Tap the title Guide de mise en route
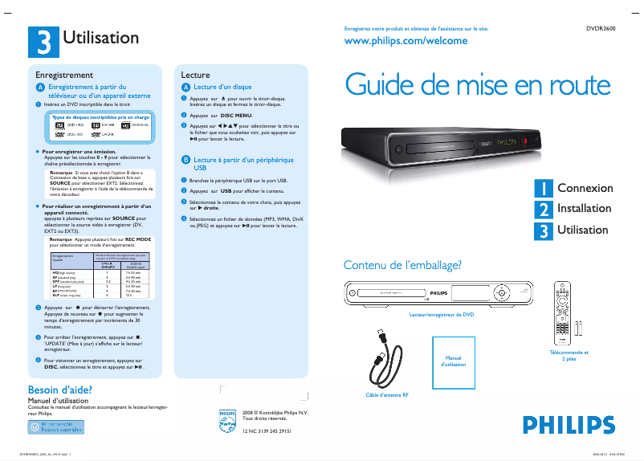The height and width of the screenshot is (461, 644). (x=477, y=85)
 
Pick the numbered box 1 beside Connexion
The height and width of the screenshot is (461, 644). (x=544, y=188)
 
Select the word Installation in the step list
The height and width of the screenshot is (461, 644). (x=584, y=209)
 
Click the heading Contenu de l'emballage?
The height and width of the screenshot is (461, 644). (x=402, y=265)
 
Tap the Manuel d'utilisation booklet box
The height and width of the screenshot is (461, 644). (x=454, y=360)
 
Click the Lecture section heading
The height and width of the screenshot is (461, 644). (x=195, y=74)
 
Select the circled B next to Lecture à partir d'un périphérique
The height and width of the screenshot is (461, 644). (x=185, y=161)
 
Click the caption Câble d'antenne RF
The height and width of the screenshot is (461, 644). (x=387, y=395)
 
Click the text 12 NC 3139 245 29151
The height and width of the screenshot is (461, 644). (x=267, y=431)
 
